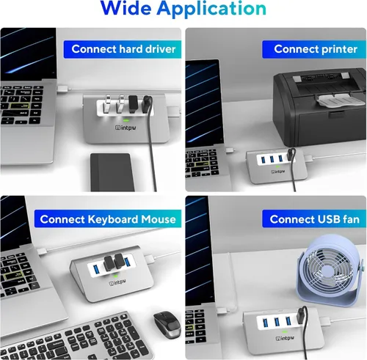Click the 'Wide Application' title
183,9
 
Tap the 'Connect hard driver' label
124,49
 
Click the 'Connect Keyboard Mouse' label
108,218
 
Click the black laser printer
316,102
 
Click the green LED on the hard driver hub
126,120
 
